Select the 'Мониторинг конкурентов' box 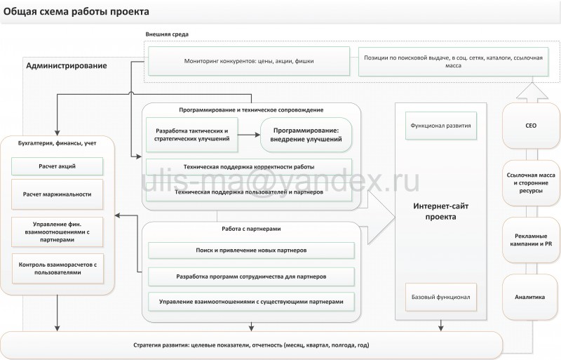click(249, 61)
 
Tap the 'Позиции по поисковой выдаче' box click(450, 61)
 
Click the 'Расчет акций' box click(58, 166)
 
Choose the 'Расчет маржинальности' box click(58, 193)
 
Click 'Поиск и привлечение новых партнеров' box click(250, 250)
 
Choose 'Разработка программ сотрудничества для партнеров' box click(250, 276)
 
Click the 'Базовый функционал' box click(441, 297)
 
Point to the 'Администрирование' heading click(67, 66)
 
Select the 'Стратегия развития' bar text click(250, 345)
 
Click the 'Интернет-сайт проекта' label click(435, 211)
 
